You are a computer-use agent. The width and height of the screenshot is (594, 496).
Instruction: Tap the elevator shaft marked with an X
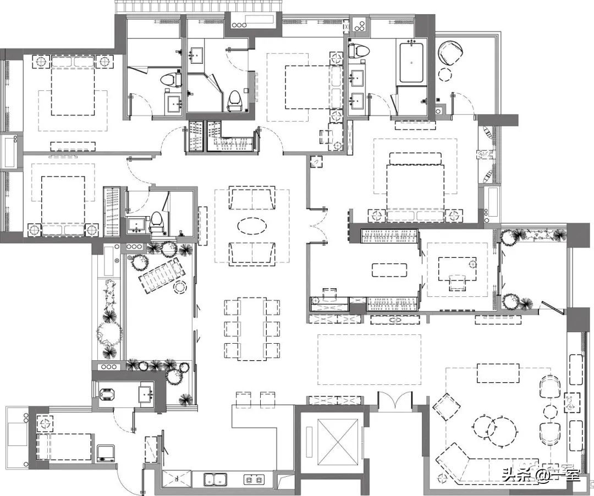pos(338,441)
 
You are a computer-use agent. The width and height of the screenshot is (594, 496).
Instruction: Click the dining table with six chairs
pos(252,328)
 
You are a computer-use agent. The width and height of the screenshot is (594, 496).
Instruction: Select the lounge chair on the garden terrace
pos(160,274)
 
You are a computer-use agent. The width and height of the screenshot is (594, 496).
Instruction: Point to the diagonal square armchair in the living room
pos(446,407)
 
